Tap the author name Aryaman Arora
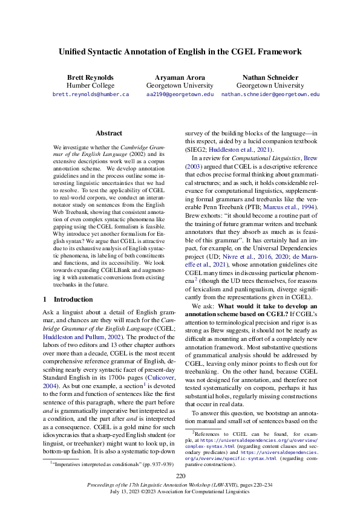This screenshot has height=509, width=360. point(180,78)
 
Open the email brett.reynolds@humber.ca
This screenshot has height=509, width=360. point(91,95)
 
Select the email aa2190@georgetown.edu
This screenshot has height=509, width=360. point(180,95)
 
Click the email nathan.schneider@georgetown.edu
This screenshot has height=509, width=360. point(270,95)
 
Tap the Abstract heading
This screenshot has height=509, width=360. point(109,133)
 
